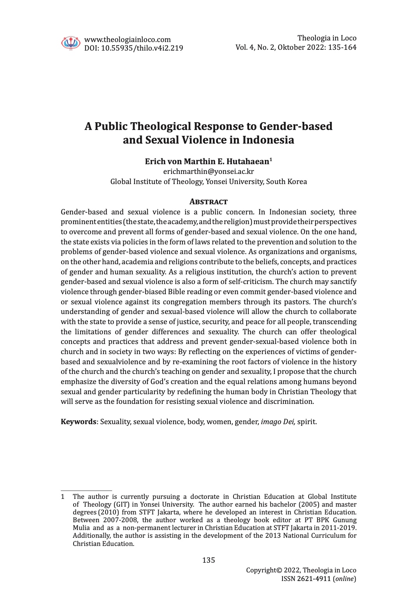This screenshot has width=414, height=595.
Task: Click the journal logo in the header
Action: pyautogui.click(x=70, y=42)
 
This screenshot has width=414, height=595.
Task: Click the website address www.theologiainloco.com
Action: pyautogui.click(x=127, y=39)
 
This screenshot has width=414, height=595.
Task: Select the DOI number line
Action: pyautogui.click(x=133, y=48)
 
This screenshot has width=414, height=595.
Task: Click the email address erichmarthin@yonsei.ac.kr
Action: pyautogui.click(x=209, y=171)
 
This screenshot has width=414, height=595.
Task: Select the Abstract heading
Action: pyautogui.click(x=208, y=202)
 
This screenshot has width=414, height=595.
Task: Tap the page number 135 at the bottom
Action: pyautogui.click(x=208, y=560)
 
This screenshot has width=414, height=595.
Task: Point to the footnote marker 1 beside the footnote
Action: pyautogui.click(x=63, y=497)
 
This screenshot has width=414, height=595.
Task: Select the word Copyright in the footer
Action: pyautogui.click(x=261, y=570)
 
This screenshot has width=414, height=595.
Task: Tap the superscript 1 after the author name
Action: pyautogui.click(x=271, y=160)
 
